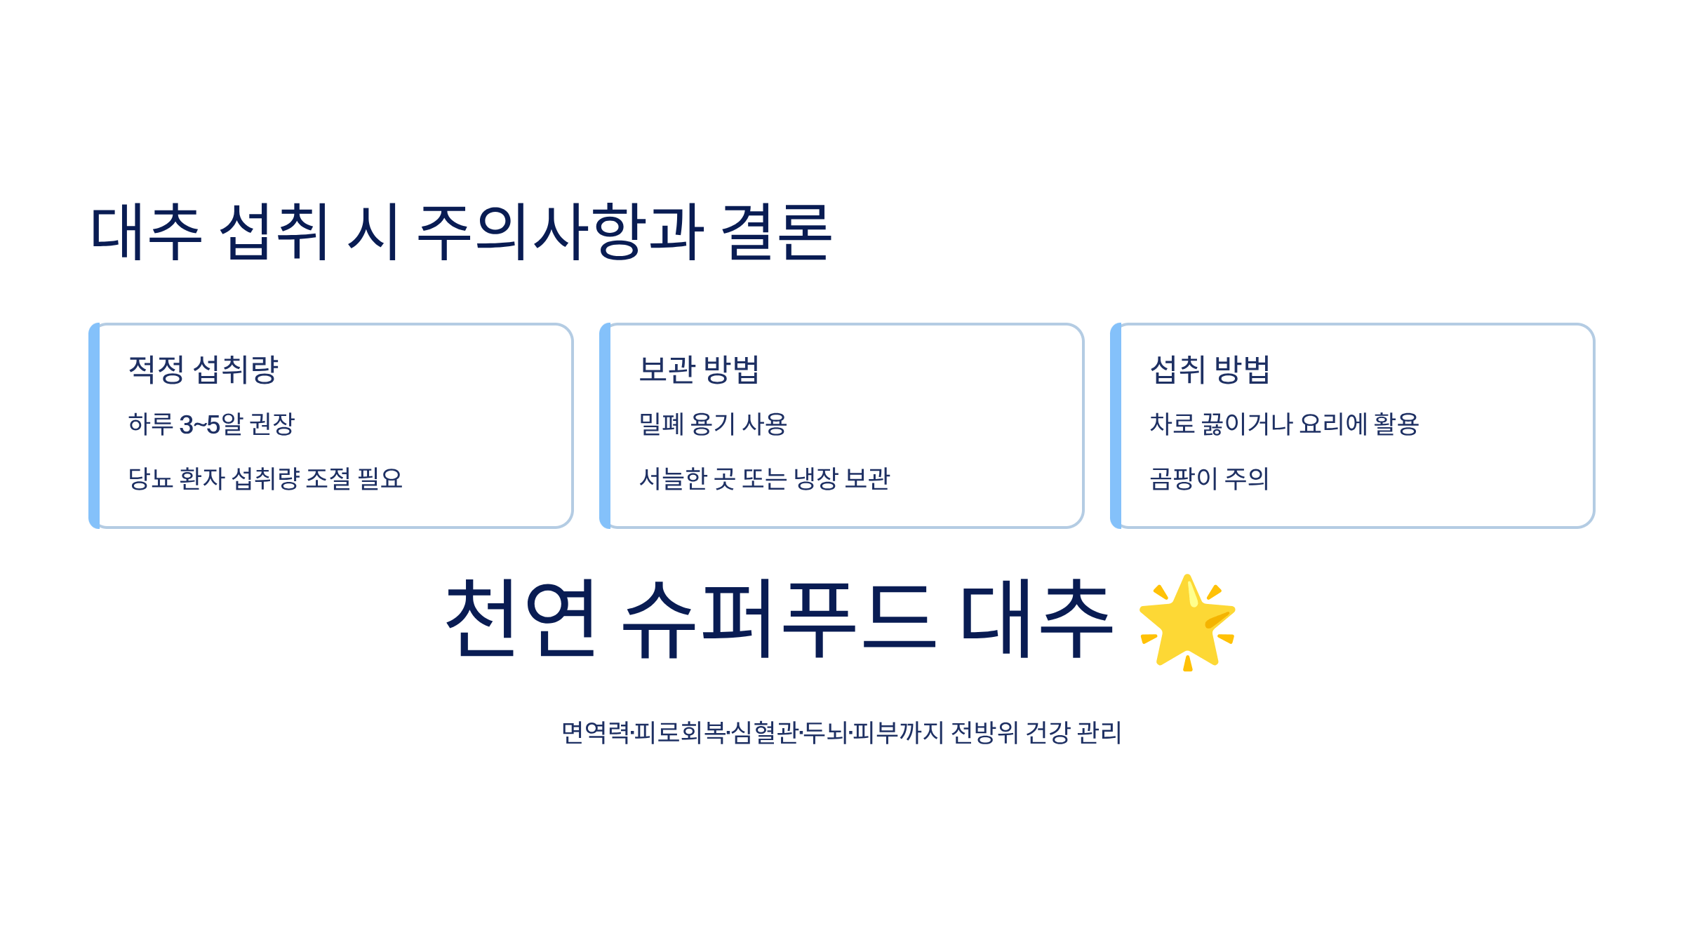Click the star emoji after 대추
[1187, 622]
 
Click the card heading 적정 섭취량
[203, 370]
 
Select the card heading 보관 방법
[699, 370]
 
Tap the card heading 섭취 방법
[1210, 370]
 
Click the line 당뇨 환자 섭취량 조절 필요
[265, 479]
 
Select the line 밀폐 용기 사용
[713, 424]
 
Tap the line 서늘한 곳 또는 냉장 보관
[764, 479]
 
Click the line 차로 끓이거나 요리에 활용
[1284, 424]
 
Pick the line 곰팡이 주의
[1209, 479]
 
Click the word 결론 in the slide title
[776, 232]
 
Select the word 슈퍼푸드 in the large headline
[779, 619]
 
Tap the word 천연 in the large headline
[521, 619]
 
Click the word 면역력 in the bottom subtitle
[595, 733]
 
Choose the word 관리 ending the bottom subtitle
[1099, 733]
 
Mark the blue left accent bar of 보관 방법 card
[606, 426]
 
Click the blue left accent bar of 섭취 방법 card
[1116, 426]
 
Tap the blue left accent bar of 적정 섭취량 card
[95, 426]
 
